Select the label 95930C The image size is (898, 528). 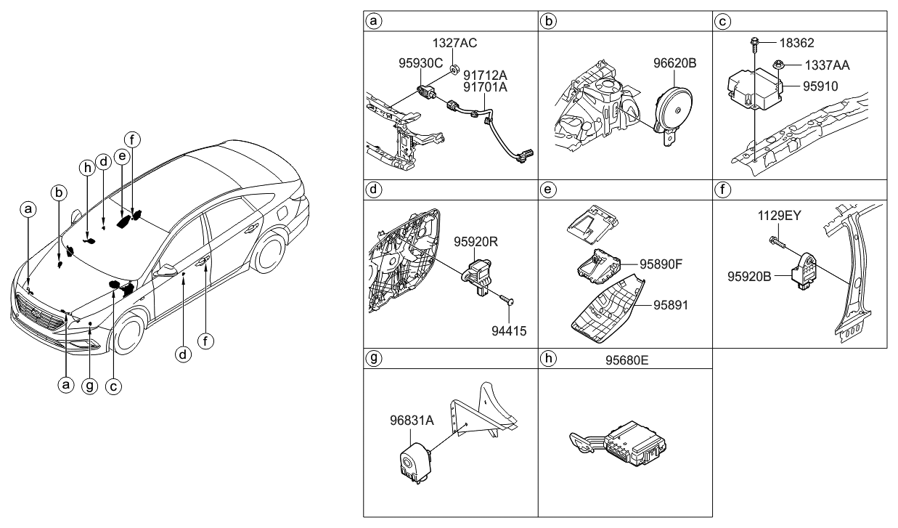420,64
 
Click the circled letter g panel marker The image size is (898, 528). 373,358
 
